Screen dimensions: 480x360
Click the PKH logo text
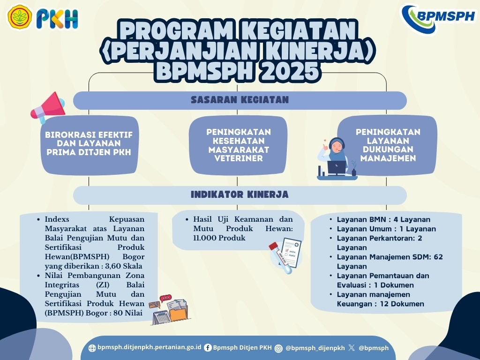pyautogui.click(x=57, y=19)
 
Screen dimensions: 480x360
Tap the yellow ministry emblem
pyautogui.click(x=20, y=17)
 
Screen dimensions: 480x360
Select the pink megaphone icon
pyautogui.click(x=48, y=107)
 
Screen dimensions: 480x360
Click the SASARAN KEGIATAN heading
pyautogui.click(x=240, y=100)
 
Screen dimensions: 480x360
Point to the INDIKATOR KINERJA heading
pyautogui.click(x=240, y=195)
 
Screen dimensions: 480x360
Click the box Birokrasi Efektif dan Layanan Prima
pyautogui.click(x=90, y=145)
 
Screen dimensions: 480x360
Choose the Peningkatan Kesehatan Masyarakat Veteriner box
pyautogui.click(x=238, y=145)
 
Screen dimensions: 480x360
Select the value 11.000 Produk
pyautogui.click(x=219, y=238)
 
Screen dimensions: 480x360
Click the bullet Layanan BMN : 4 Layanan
pyautogui.click(x=383, y=219)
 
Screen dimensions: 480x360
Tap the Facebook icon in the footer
pyautogui.click(x=208, y=348)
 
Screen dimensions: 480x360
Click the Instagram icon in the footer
pyautogui.click(x=278, y=348)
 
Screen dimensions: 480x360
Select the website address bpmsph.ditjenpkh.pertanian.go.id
pyautogui.click(x=149, y=347)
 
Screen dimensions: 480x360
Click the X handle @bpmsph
pyautogui.click(x=374, y=348)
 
